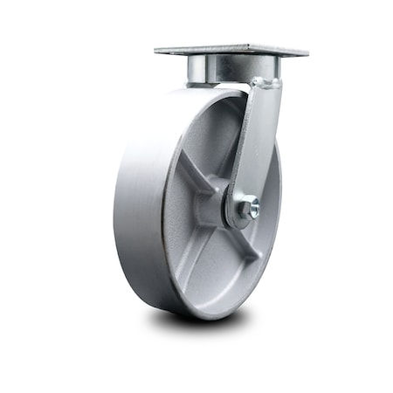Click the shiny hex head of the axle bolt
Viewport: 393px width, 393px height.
click(252, 210)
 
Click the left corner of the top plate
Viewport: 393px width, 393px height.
click(158, 52)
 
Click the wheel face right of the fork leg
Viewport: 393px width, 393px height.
click(269, 175)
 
